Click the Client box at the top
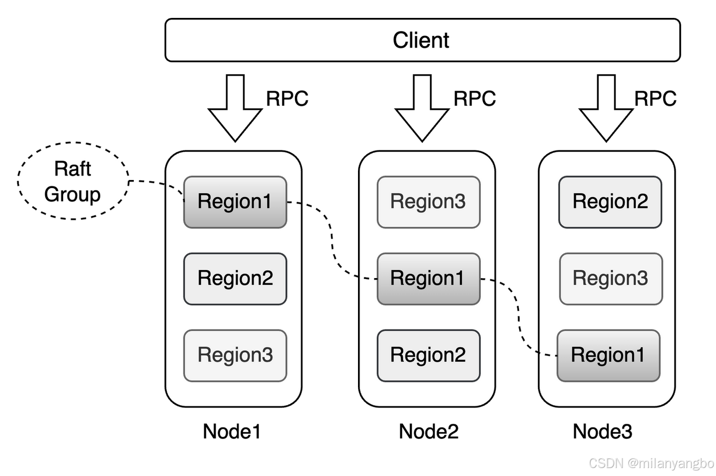point(423,40)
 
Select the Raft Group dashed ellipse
point(73,143)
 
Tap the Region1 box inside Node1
point(235,202)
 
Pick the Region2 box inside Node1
point(235,279)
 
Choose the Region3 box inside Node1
point(235,356)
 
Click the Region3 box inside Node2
point(428,202)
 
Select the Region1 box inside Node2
point(428,279)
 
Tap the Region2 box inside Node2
point(428,356)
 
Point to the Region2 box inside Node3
point(610,202)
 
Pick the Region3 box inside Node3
point(611,279)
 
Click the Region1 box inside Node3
point(608,356)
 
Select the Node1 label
point(232,431)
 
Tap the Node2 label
point(429,431)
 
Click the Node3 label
point(603,431)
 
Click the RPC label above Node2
point(475,98)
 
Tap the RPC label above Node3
point(655,98)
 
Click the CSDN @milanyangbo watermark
point(651,463)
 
